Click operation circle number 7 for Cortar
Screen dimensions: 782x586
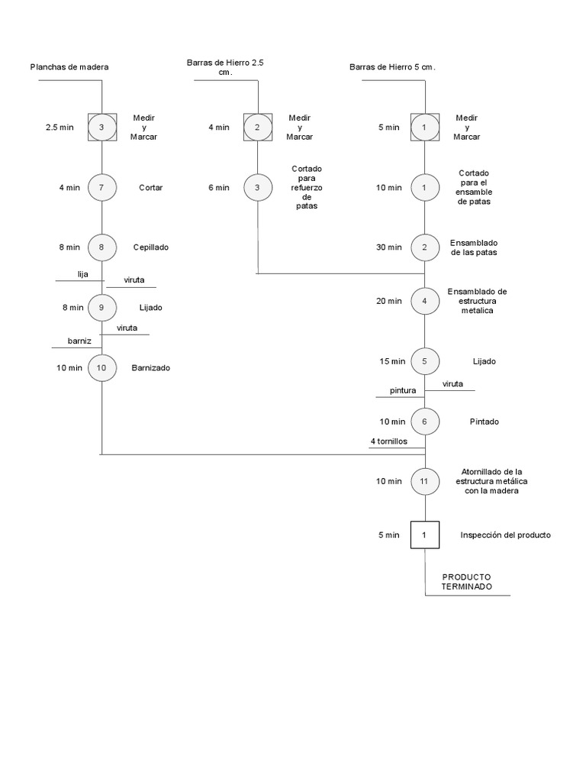[x=101, y=187]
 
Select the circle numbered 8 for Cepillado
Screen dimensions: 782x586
[x=101, y=247]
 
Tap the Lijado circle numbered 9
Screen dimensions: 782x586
[x=101, y=307]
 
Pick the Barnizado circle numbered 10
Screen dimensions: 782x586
[x=101, y=367]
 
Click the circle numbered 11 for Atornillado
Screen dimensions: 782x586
[x=425, y=481]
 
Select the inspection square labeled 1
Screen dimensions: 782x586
[x=425, y=535]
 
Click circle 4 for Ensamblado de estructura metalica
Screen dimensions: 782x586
[x=425, y=300]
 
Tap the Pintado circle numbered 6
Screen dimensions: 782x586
[x=425, y=421]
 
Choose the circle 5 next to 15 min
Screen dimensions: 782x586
[x=425, y=360]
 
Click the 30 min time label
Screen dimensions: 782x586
[x=389, y=247]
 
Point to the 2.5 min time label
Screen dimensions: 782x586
[x=60, y=128]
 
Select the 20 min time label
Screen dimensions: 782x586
[x=389, y=301]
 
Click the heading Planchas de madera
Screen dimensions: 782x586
[x=69, y=67]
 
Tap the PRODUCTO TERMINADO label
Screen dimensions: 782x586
[x=466, y=581]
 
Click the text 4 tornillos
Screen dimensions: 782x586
[x=389, y=441]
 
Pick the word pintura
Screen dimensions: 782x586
[x=403, y=390]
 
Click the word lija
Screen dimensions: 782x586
[x=83, y=273]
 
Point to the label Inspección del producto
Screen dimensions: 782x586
[x=505, y=535]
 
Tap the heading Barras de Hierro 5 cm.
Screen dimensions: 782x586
[x=392, y=67]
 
